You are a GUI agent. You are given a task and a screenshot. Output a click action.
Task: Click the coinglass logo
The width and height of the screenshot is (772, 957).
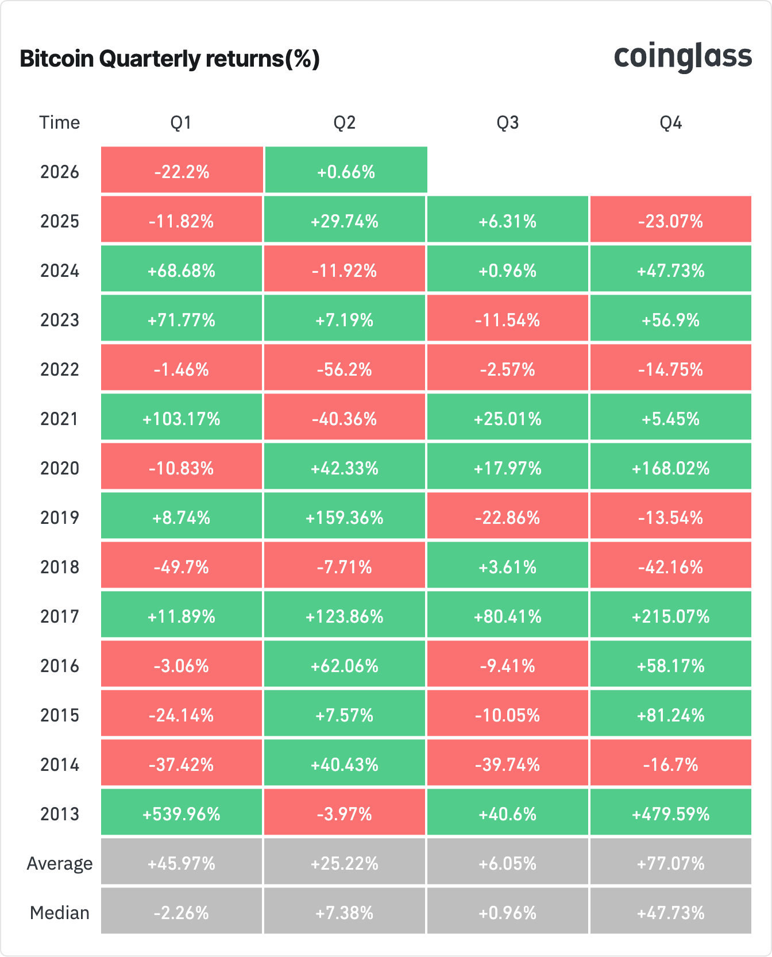tap(682, 57)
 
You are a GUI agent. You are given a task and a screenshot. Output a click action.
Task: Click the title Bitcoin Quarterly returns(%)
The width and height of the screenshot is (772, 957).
tap(169, 59)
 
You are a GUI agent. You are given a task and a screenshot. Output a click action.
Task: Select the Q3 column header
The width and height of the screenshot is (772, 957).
tap(507, 122)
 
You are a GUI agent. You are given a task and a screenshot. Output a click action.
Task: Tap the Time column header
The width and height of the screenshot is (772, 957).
tap(59, 122)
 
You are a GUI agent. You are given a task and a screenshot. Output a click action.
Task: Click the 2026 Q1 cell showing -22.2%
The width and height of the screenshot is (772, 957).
tap(182, 171)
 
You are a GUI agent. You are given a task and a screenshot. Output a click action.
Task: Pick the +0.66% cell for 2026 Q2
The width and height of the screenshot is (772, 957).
tap(346, 171)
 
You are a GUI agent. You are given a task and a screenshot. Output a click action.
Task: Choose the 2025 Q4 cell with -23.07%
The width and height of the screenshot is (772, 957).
tap(670, 221)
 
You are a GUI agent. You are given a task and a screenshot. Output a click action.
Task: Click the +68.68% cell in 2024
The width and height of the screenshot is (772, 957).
tap(182, 270)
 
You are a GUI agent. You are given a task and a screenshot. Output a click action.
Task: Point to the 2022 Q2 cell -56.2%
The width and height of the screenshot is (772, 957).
tap(345, 369)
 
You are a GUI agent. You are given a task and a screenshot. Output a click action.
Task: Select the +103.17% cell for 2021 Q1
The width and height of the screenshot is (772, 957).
tap(182, 418)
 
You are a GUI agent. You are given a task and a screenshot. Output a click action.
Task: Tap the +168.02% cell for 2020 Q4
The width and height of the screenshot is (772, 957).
tap(670, 468)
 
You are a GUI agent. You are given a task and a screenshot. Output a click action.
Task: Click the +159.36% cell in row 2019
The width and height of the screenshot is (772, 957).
tap(345, 517)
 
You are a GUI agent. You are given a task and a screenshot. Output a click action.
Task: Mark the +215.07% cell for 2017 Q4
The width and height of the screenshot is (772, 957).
tap(670, 616)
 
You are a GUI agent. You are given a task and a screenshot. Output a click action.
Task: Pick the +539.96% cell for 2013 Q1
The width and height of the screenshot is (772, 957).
tap(182, 813)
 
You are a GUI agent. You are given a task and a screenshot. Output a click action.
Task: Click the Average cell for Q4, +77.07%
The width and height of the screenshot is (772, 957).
tap(670, 863)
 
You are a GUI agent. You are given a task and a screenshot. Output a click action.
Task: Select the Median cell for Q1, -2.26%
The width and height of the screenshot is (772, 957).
tap(182, 912)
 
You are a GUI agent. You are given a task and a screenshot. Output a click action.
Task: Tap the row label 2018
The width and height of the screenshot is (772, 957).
tap(60, 566)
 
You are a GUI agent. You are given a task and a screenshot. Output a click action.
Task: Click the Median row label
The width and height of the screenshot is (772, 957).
tap(60, 912)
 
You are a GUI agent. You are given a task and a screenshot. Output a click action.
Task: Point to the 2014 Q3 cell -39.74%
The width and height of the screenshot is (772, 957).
tap(507, 764)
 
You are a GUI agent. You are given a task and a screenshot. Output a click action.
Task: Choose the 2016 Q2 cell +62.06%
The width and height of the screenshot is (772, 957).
tap(345, 665)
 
